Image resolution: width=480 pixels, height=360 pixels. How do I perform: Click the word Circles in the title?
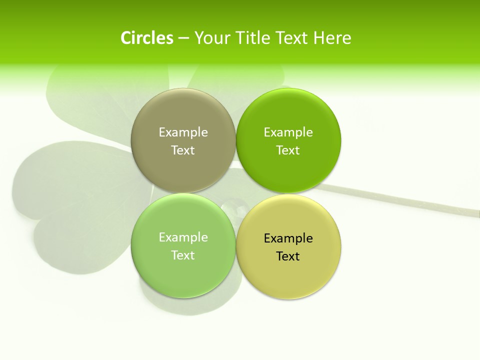[x=147, y=38]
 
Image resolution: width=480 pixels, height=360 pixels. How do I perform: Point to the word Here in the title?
[x=332, y=38]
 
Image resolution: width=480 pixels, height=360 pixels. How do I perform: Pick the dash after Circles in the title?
[x=183, y=38]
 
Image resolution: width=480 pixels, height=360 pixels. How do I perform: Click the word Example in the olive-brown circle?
[x=183, y=132]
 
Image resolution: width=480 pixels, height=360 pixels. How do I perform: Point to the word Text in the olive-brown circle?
[x=183, y=150]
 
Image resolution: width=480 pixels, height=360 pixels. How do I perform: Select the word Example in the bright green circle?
[x=288, y=132]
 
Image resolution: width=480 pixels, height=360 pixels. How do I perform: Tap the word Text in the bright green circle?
[x=288, y=150]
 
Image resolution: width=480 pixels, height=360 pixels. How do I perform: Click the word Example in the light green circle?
[x=183, y=237]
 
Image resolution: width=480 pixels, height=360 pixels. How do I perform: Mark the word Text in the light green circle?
[x=183, y=255]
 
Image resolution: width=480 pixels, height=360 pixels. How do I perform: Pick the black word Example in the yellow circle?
[x=288, y=238]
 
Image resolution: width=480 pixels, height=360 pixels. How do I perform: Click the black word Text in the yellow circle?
[x=288, y=256]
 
